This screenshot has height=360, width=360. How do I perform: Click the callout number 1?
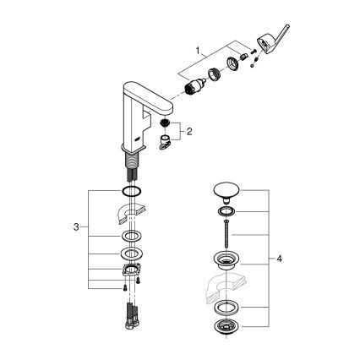click(199, 52)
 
